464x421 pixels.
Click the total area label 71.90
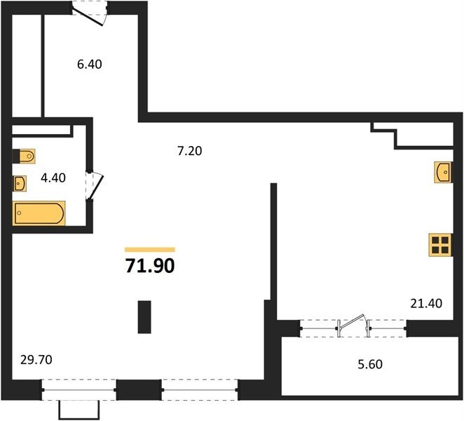tap(150, 266)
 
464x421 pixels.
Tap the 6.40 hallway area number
tap(90, 65)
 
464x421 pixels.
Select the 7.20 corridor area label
tap(189, 151)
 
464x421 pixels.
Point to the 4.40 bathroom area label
tap(53, 178)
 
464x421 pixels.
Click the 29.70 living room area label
tap(36, 360)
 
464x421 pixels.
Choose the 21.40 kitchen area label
tap(426, 303)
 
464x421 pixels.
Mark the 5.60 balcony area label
tap(370, 364)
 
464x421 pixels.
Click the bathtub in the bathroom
tap(39, 213)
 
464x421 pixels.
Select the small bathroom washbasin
tap(20, 183)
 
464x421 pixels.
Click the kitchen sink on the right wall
tap(443, 172)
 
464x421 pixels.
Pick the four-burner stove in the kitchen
tap(440, 245)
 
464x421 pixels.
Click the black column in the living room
tap(144, 317)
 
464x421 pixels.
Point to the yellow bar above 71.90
tap(150, 250)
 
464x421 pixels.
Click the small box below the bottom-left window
tap(79, 410)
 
